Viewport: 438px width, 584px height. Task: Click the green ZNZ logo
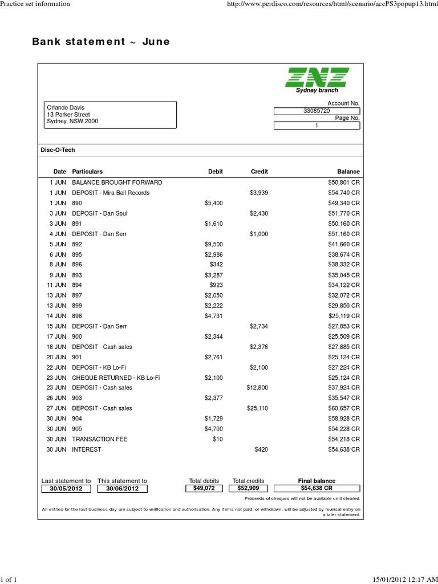click(317, 77)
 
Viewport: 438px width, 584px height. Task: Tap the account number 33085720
click(317, 111)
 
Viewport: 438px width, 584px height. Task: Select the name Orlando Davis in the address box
click(66, 107)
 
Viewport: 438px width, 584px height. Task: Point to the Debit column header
click(216, 172)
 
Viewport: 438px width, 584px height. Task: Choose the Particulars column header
click(87, 172)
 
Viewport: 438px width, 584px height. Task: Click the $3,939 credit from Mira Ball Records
click(259, 193)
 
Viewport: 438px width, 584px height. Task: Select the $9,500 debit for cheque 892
click(214, 244)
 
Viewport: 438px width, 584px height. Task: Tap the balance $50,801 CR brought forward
click(340, 182)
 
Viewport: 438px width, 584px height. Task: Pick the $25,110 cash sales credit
click(257, 408)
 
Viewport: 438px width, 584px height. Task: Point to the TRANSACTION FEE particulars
click(100, 439)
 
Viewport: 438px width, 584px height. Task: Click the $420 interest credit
click(261, 449)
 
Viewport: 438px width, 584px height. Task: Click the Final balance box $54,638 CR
click(317, 489)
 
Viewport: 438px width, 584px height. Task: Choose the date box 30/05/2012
click(66, 489)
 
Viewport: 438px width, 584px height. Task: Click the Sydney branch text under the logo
click(317, 91)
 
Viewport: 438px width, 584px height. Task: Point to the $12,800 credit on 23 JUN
click(257, 388)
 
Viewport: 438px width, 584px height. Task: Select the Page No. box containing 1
click(317, 126)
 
